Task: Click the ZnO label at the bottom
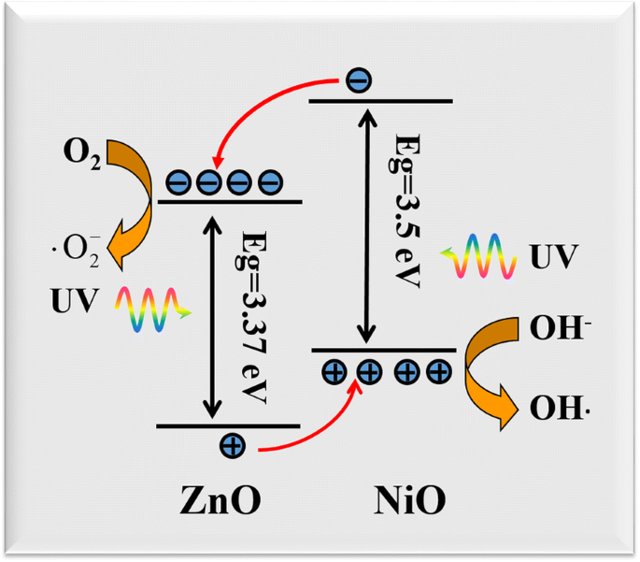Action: (220, 501)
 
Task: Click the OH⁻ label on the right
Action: (560, 328)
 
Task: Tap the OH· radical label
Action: (561, 408)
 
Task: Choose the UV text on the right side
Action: (554, 254)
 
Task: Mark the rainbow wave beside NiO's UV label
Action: (478, 255)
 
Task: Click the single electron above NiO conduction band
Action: (356, 81)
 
